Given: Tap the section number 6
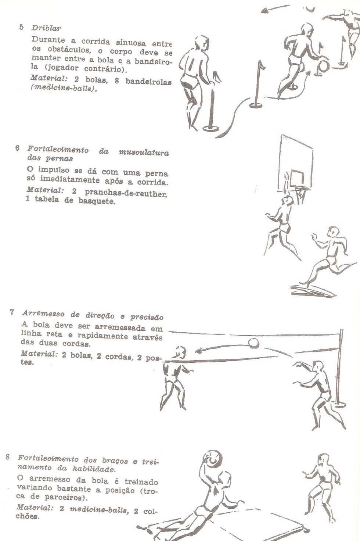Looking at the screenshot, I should [x=17, y=148].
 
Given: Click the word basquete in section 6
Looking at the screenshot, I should [x=96, y=201].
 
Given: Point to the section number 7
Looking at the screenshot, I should [x=12, y=313].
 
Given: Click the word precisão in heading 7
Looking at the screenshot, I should [x=147, y=317].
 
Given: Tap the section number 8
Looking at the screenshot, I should [x=7, y=458].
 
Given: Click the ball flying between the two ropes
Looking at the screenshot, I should [x=253, y=344].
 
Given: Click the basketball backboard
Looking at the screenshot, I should [x=296, y=158].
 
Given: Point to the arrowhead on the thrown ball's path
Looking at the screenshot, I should [x=198, y=351].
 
